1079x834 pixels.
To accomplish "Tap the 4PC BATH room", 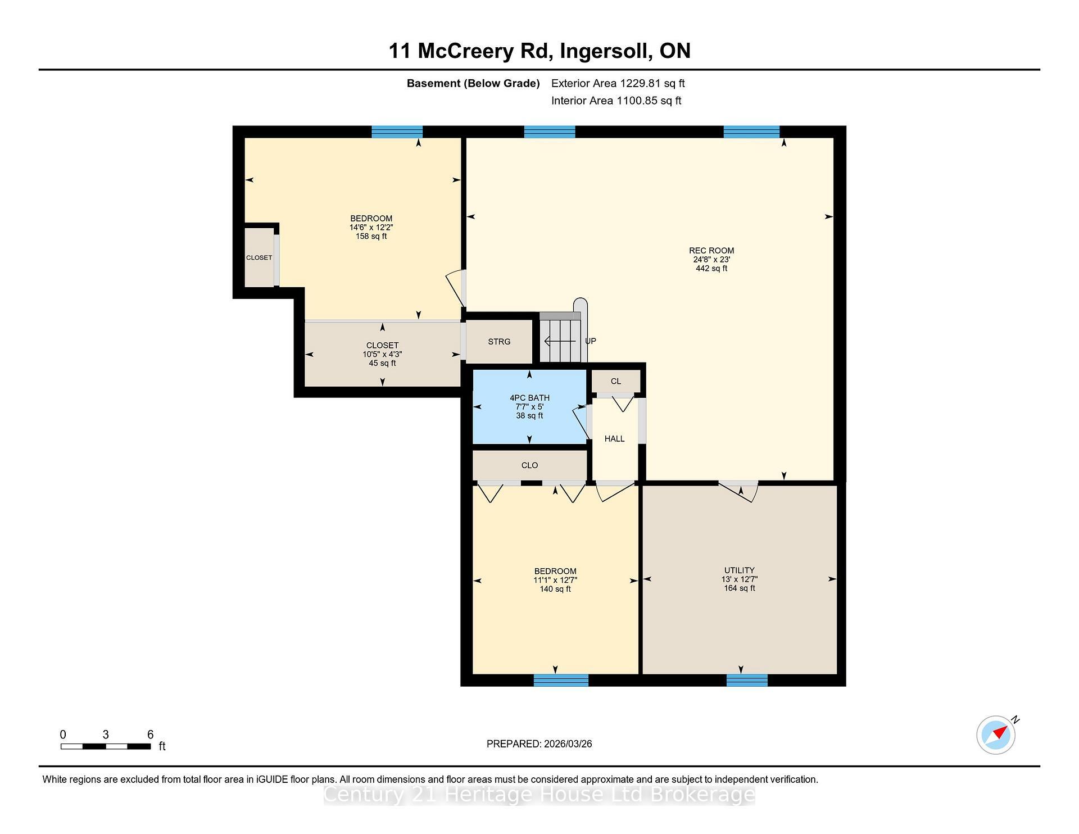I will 529,406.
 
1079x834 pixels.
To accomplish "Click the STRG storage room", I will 499,342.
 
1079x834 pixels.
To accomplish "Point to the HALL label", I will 614,439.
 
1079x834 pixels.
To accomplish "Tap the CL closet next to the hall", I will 616,381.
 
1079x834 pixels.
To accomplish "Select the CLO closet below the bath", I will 529,465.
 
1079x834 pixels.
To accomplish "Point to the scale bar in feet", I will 106,746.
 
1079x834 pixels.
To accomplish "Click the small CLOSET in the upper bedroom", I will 259,257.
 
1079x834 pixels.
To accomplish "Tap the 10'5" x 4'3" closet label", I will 382,355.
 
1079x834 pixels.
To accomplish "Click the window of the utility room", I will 747,680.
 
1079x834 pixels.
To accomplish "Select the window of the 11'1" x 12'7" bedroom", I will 561,680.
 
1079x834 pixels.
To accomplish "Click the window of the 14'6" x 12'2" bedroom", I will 397,132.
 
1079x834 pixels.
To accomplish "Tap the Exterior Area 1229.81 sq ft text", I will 618,84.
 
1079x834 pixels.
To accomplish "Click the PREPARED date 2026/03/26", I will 539,744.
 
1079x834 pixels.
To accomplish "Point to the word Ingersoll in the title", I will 606,51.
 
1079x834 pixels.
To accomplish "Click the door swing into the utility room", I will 740,491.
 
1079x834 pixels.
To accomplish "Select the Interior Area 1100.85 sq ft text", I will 616,101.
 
